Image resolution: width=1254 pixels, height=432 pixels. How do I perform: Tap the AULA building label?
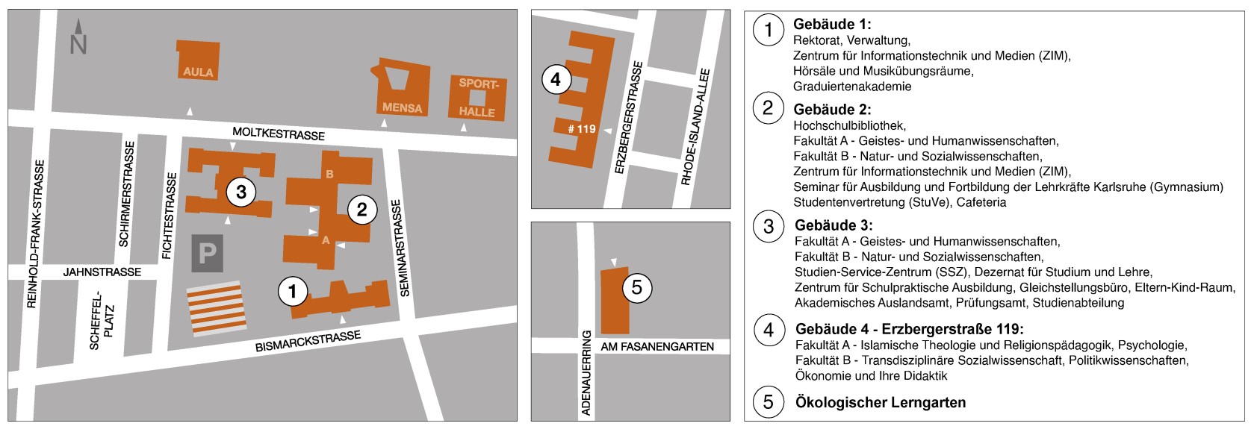(x=197, y=72)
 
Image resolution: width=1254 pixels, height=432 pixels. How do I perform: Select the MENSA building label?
(x=402, y=108)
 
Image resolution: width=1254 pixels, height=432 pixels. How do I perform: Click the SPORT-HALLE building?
(x=477, y=98)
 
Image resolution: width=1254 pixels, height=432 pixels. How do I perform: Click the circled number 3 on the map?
(x=240, y=192)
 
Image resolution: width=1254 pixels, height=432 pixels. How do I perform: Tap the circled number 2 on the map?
(x=361, y=210)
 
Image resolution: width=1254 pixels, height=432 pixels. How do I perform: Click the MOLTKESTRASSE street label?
(x=279, y=135)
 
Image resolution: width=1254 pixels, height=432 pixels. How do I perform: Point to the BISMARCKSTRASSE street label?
(x=308, y=342)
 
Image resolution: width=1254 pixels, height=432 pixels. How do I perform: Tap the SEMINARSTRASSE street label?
(x=399, y=248)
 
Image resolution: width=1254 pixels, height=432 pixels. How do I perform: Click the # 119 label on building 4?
(x=581, y=129)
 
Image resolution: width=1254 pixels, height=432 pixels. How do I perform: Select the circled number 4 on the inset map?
(x=556, y=78)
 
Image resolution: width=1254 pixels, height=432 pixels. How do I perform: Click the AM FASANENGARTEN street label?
(x=657, y=347)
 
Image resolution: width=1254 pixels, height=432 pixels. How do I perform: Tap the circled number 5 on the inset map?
(x=637, y=287)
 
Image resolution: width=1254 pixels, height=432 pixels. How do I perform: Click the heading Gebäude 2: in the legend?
(x=827, y=109)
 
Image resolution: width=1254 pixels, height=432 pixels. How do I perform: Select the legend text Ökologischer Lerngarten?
(x=880, y=403)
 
